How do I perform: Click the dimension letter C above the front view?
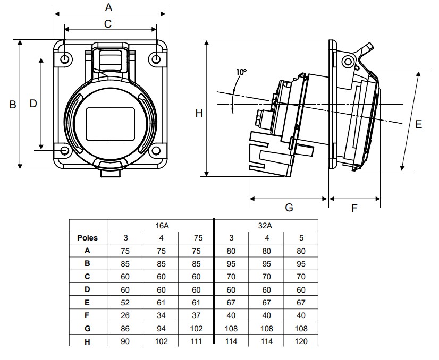108,23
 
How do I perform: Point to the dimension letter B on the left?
13,105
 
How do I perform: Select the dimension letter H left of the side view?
199,113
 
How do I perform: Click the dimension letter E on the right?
419,124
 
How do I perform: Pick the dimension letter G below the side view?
289,207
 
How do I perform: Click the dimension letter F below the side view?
354,208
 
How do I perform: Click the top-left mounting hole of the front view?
65,59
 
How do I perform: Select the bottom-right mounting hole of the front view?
156,151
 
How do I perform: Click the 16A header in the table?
162,226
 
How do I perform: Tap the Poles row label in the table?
88,238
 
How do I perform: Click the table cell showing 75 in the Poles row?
196,238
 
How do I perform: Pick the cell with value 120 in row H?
300,341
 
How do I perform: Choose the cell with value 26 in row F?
126,315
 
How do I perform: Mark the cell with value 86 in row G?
126,329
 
